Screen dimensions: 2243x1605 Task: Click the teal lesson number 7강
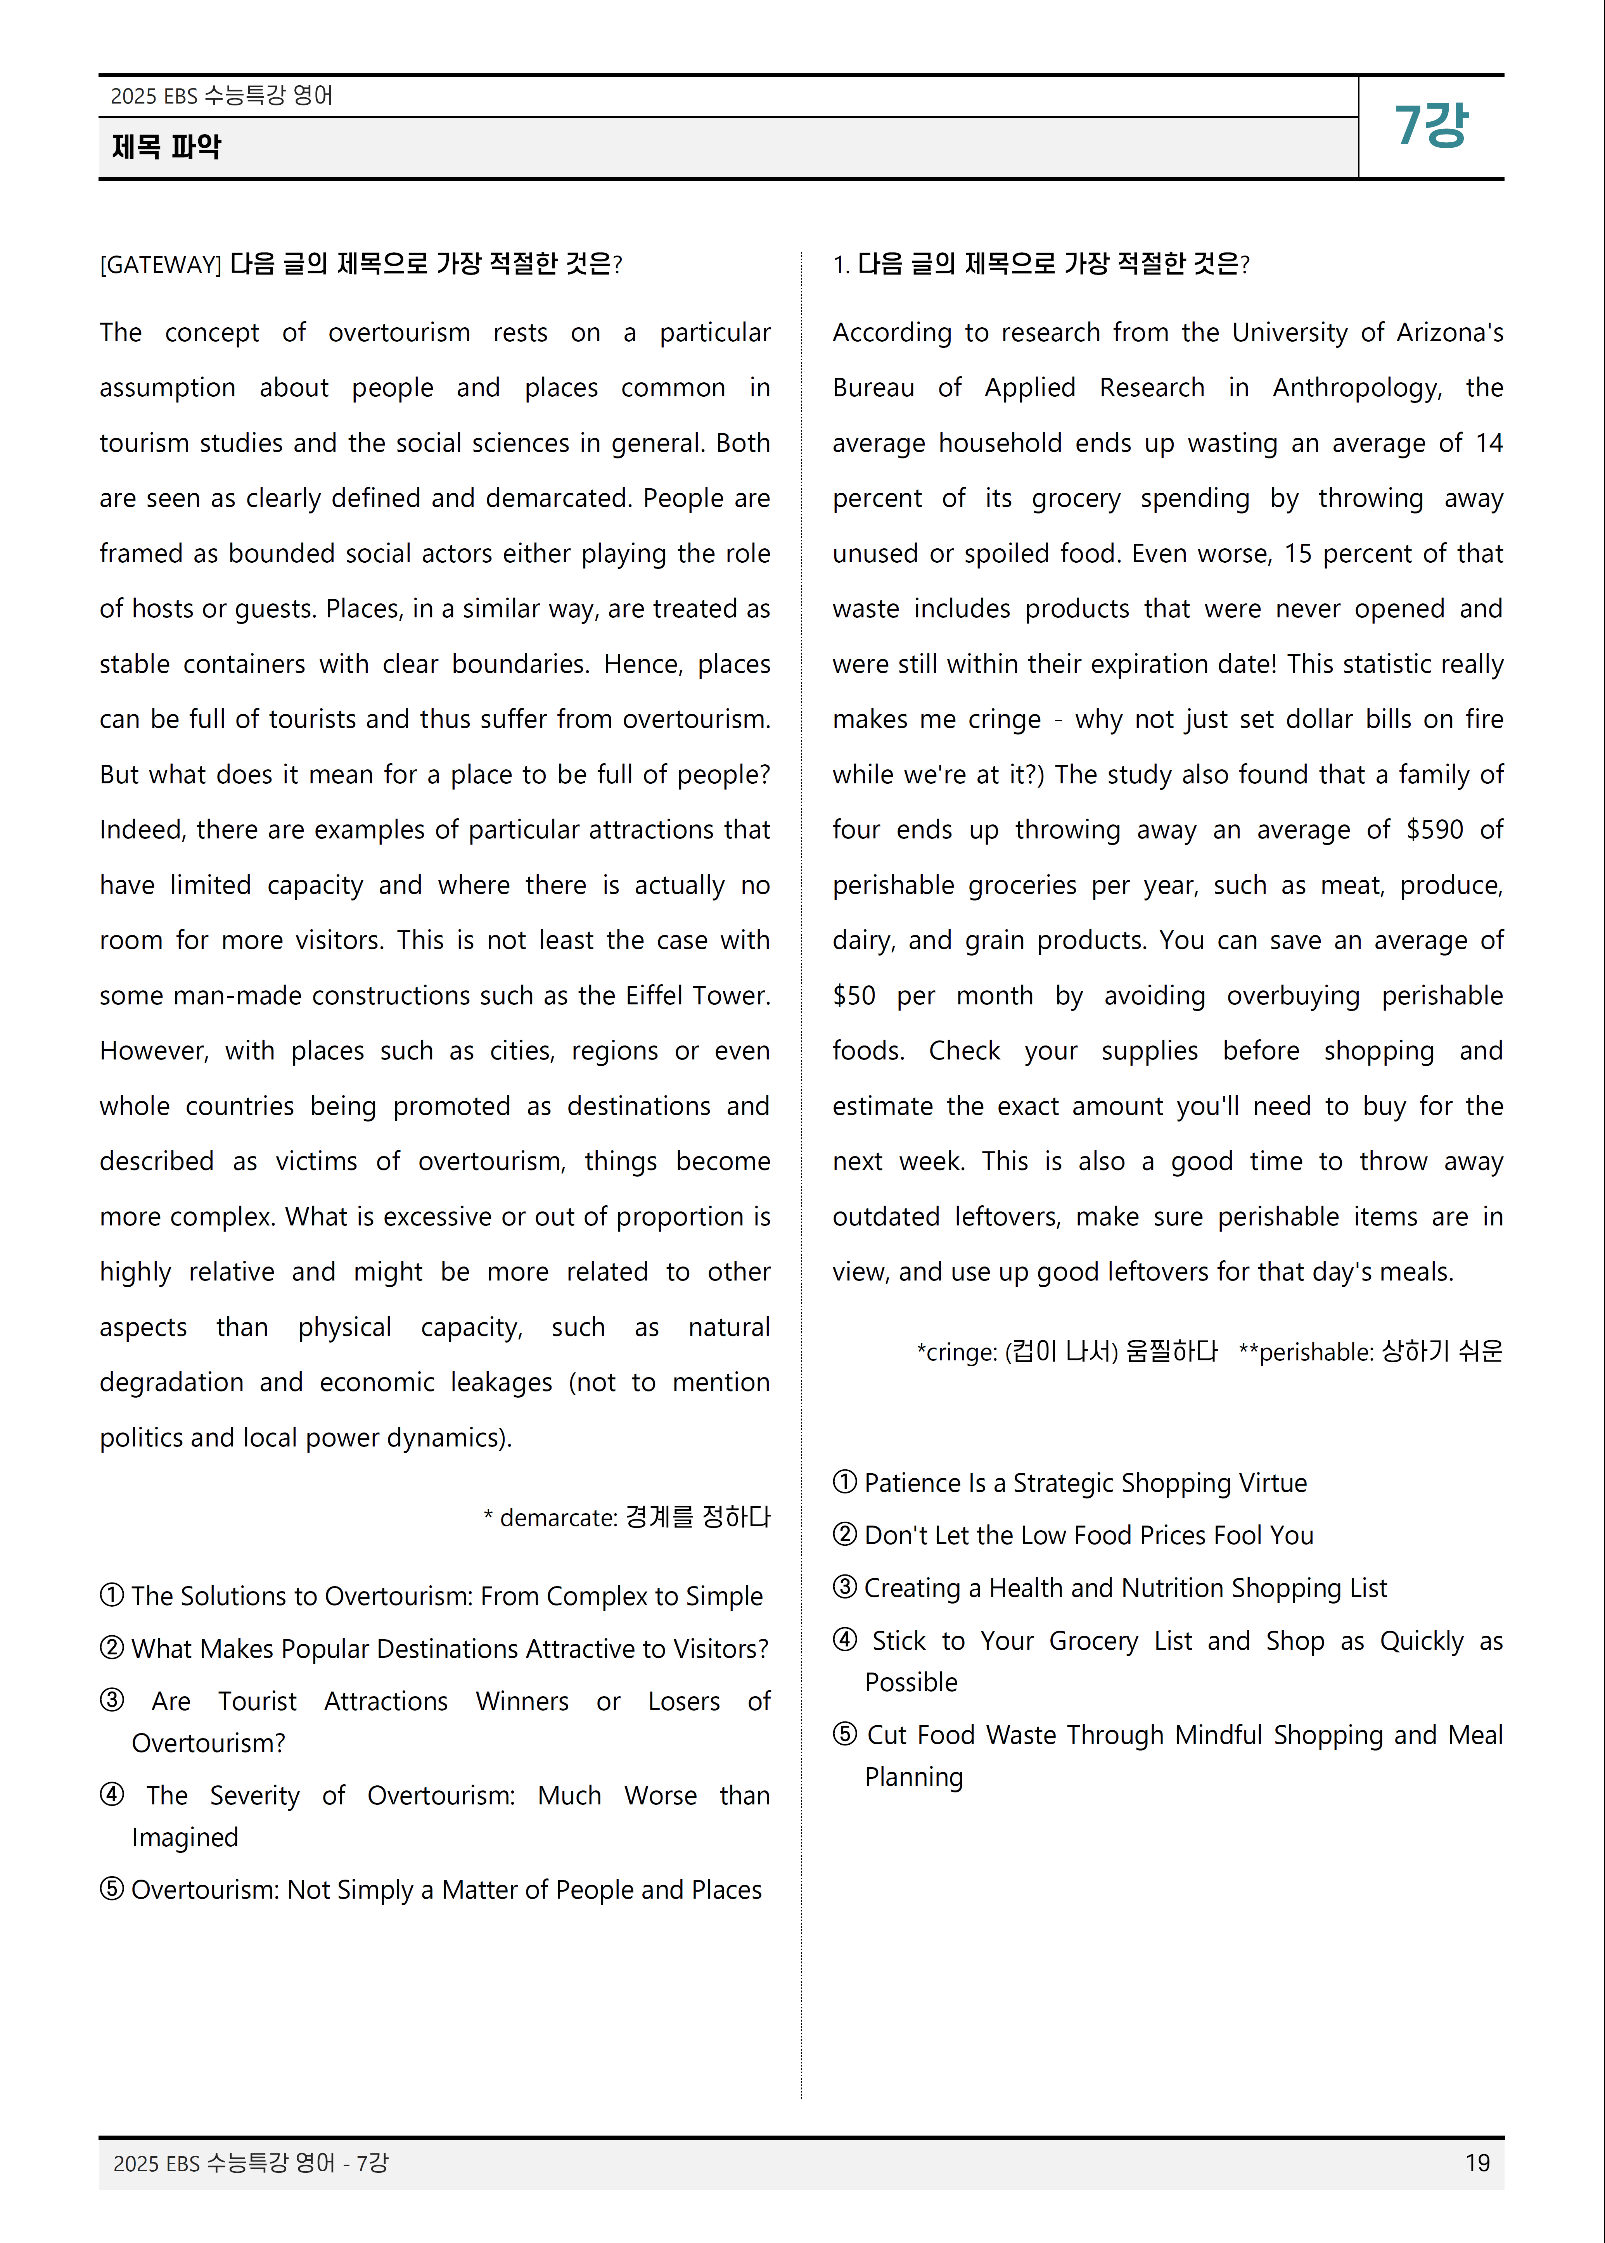1430,126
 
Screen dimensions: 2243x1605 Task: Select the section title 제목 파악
166,147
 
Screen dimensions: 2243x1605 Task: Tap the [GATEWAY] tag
160,265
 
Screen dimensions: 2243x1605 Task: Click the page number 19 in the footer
1477,2163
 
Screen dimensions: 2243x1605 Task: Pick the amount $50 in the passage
854,996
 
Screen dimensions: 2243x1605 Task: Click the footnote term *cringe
956,1352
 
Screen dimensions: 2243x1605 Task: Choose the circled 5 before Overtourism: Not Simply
112,1889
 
